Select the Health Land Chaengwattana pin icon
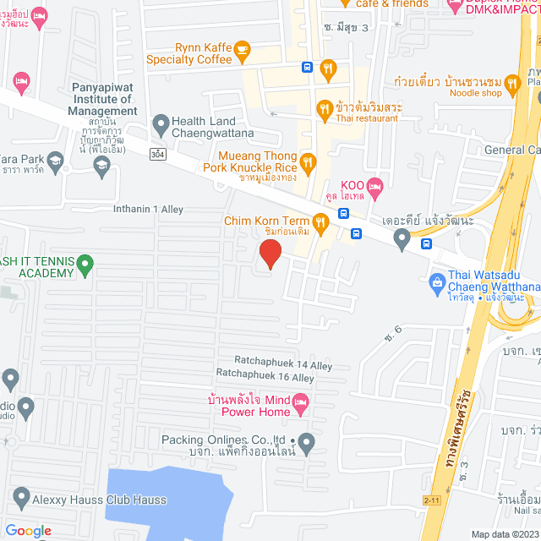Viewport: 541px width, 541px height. click(x=161, y=126)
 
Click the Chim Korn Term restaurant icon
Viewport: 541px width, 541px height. click(x=320, y=223)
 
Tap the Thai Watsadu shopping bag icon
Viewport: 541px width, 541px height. click(x=437, y=281)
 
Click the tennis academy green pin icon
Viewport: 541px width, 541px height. click(x=85, y=266)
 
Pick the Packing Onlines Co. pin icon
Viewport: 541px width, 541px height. click(x=306, y=441)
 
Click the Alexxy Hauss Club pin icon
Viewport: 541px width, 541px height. click(x=20, y=499)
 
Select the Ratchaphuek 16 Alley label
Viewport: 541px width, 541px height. click(x=265, y=378)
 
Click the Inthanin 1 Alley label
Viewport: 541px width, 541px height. click(x=148, y=208)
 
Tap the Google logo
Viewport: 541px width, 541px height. click(x=28, y=530)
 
